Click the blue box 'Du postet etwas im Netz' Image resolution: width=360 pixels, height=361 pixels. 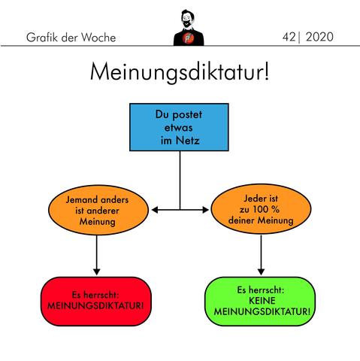179,127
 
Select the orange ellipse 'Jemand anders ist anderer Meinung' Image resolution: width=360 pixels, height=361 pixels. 98,210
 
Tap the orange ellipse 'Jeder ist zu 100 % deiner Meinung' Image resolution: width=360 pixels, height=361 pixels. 261,209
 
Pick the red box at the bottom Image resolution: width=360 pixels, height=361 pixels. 96,302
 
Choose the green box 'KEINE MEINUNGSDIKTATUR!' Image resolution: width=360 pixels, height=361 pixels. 260,302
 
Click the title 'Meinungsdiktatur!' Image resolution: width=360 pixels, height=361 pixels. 180,72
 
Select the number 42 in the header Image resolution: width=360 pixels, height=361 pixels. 289,37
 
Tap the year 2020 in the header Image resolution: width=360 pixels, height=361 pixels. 319,37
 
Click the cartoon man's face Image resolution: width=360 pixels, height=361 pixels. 186,20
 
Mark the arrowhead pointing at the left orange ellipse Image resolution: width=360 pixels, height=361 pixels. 155,210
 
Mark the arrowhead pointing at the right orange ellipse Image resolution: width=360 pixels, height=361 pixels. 205,210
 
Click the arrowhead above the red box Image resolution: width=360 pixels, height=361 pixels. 96,272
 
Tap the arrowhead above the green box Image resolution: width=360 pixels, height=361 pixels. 261,272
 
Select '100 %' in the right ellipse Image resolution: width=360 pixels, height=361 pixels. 266,209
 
